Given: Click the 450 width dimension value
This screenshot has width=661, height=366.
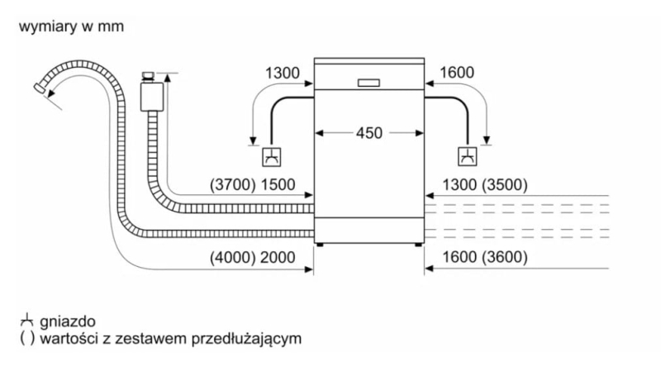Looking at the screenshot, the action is [x=369, y=133].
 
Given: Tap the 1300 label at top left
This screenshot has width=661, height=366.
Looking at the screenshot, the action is [x=282, y=73].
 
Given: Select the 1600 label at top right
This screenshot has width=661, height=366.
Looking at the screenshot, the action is [x=457, y=73].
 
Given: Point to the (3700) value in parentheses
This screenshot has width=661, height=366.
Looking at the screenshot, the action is [x=233, y=185].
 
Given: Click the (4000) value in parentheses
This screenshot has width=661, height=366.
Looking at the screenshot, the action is [x=233, y=257].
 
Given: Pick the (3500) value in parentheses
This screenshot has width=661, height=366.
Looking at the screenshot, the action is [x=504, y=185].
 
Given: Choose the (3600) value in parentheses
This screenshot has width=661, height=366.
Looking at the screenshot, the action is [x=504, y=257].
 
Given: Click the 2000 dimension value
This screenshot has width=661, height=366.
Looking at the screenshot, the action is [x=278, y=257].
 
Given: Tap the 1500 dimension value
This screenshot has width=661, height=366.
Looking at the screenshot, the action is [x=278, y=185].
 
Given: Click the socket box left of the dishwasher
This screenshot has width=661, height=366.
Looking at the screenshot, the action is [x=272, y=157].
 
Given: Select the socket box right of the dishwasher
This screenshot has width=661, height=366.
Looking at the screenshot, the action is [x=467, y=156].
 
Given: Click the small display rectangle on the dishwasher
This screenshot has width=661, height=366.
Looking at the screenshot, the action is [x=369, y=83].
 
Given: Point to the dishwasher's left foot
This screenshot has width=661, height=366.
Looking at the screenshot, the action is [x=320, y=245].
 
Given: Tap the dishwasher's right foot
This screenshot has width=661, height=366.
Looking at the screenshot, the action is [x=418, y=245].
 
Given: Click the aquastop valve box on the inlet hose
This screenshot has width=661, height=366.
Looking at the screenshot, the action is [x=152, y=97].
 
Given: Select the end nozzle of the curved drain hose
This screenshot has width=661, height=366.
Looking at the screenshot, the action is [x=40, y=89].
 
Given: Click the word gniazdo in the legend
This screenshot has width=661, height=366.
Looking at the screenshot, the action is [x=68, y=321].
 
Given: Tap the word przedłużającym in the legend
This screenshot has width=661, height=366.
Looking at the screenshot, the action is [x=246, y=339].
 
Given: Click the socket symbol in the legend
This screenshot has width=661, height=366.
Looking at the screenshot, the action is [x=26, y=321].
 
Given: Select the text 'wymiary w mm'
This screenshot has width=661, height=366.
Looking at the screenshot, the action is [x=71, y=26].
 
